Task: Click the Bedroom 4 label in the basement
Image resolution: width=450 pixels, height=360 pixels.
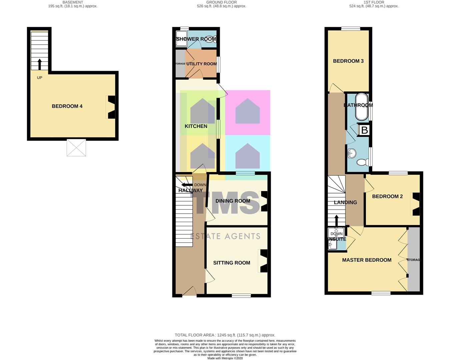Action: click(x=67, y=106)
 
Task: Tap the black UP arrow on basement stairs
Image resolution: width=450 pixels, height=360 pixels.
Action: click(x=40, y=64)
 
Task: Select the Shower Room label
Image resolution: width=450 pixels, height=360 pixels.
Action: click(x=196, y=39)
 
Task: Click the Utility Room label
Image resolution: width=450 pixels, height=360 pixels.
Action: click(x=199, y=64)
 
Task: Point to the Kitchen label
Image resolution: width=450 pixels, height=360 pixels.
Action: click(x=196, y=126)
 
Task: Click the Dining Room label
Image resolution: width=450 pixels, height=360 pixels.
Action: click(x=233, y=201)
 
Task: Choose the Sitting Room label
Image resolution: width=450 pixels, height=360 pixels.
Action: click(x=232, y=263)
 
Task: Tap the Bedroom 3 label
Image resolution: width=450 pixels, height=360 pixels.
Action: click(x=348, y=61)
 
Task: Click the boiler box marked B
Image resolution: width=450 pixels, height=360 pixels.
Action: click(x=365, y=130)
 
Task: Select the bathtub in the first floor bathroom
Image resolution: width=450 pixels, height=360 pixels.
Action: click(x=361, y=107)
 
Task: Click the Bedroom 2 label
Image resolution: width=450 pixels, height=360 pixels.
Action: click(x=387, y=196)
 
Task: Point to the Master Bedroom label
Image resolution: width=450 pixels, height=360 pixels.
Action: click(x=367, y=260)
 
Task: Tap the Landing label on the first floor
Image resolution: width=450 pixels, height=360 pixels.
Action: click(x=345, y=202)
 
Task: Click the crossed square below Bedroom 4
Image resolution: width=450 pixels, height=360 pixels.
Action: click(x=76, y=148)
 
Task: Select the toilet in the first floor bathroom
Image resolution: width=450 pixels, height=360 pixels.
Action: click(x=363, y=162)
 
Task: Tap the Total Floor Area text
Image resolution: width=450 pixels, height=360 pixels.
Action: click(x=225, y=335)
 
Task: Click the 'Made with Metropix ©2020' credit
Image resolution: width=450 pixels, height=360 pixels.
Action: click(x=225, y=358)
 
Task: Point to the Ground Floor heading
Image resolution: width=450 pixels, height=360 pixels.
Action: click(x=221, y=2)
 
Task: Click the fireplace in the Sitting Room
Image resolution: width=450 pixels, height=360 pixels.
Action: click(x=263, y=261)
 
